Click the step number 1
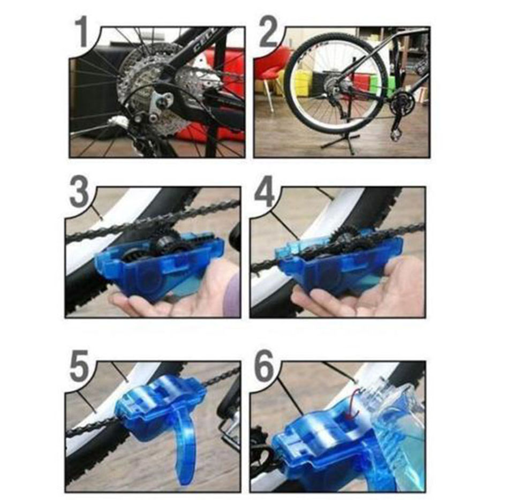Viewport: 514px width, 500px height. tap(81, 33)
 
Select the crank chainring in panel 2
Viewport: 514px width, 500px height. tap(400, 104)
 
